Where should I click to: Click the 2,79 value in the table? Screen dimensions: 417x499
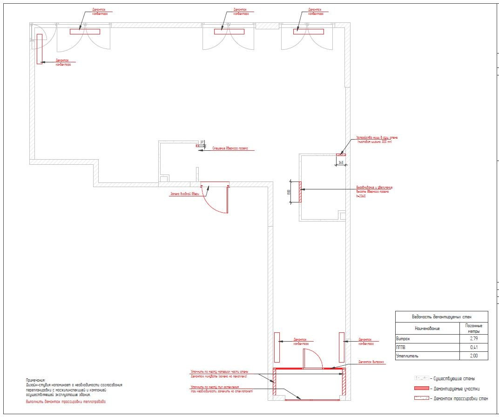click(x=474, y=338)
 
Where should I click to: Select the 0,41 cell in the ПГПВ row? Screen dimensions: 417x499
click(x=474, y=347)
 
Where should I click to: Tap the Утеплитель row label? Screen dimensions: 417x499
click(x=407, y=356)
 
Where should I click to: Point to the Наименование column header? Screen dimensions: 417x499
click(x=427, y=328)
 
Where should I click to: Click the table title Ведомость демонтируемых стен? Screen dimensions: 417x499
click(x=441, y=316)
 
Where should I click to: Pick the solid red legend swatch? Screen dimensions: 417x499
click(x=421, y=388)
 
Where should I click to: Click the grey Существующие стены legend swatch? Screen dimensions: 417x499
click(x=421, y=378)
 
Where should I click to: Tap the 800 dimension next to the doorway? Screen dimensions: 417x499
click(x=289, y=192)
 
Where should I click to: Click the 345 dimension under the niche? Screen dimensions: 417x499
click(x=341, y=162)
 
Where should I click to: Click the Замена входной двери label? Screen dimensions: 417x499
click(x=184, y=194)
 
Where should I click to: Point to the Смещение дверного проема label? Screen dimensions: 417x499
click(x=230, y=149)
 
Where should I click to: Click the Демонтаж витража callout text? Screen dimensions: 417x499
click(x=371, y=362)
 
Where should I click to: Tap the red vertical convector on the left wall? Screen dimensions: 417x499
click(x=40, y=48)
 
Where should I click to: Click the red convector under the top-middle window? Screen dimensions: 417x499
click(x=229, y=32)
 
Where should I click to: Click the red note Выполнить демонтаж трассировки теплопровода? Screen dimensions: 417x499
click(x=66, y=401)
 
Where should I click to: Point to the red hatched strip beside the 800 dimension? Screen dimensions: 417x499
click(x=300, y=192)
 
